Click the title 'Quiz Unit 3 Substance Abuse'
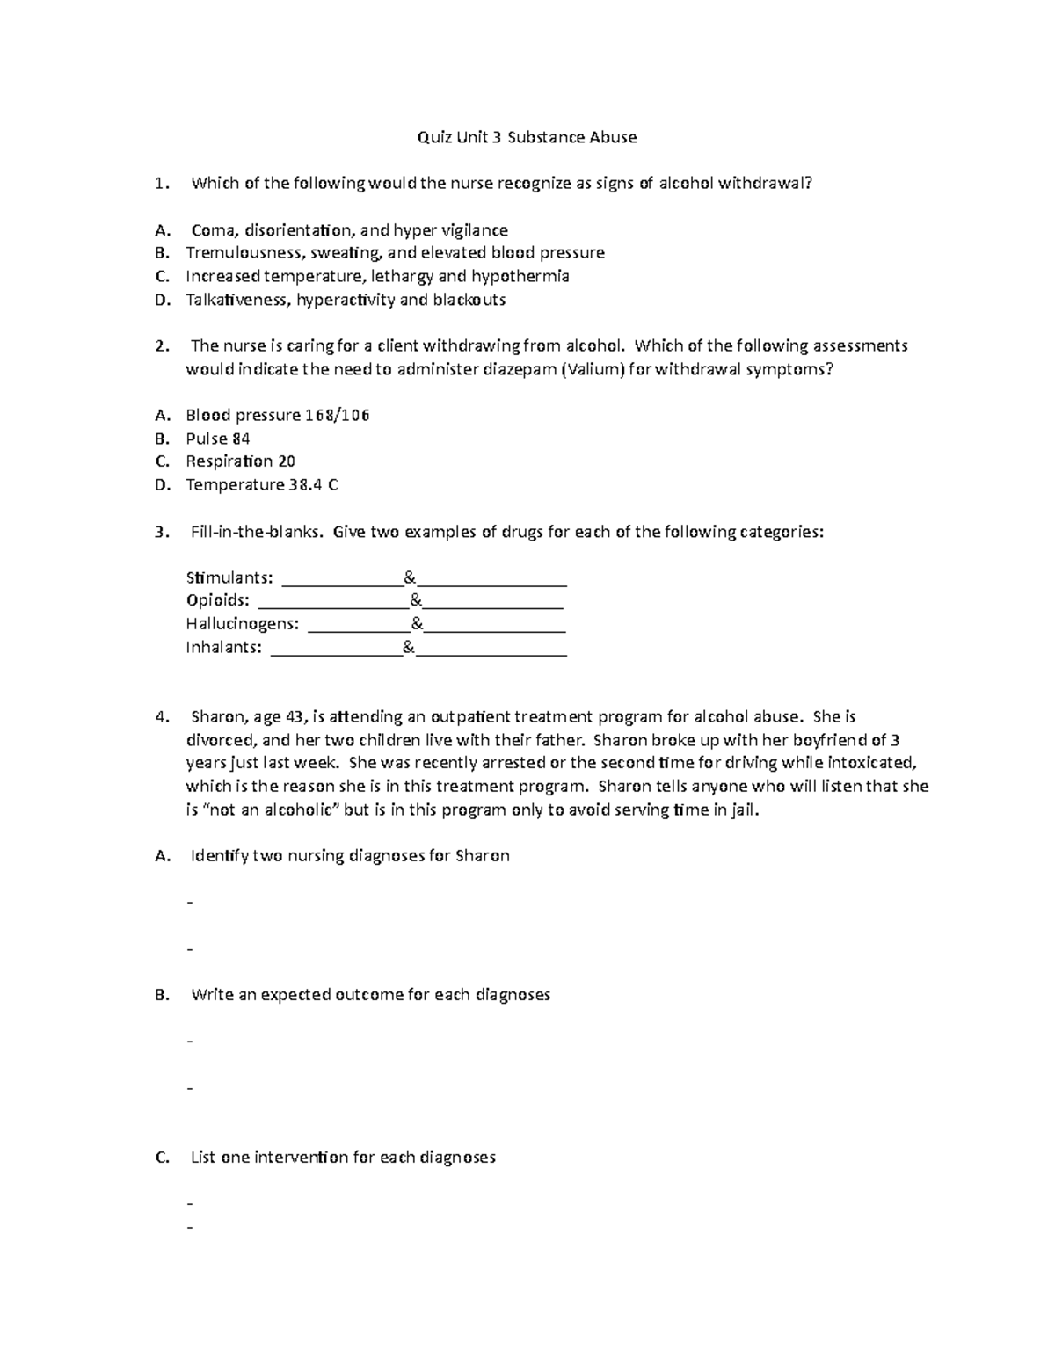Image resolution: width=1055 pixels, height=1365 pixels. [527, 137]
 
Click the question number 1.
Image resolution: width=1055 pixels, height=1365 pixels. [159, 184]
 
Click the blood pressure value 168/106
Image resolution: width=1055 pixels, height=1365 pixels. [337, 415]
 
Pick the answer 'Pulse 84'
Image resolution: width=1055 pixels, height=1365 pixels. [218, 439]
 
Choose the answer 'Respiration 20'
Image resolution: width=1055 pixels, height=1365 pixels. [240, 461]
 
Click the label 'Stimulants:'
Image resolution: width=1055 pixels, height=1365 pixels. [229, 578]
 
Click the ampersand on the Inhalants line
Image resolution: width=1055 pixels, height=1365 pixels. [409, 649]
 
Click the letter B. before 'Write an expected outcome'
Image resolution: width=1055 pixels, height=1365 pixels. [161, 995]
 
